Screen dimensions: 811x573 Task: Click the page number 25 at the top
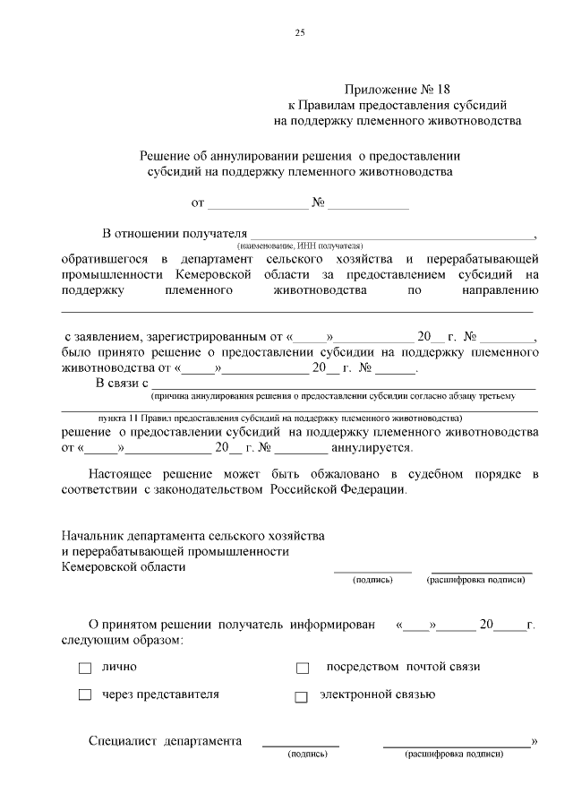300,33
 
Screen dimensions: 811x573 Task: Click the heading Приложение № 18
398,89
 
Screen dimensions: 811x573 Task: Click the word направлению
500,290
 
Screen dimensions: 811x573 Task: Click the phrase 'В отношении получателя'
174,234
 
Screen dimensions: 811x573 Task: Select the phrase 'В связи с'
121,384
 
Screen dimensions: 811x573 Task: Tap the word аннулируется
372,447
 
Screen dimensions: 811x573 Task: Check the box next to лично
85,669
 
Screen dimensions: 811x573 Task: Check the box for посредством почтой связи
302,669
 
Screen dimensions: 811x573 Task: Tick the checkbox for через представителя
85,695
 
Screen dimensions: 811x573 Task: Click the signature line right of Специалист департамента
301,744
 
